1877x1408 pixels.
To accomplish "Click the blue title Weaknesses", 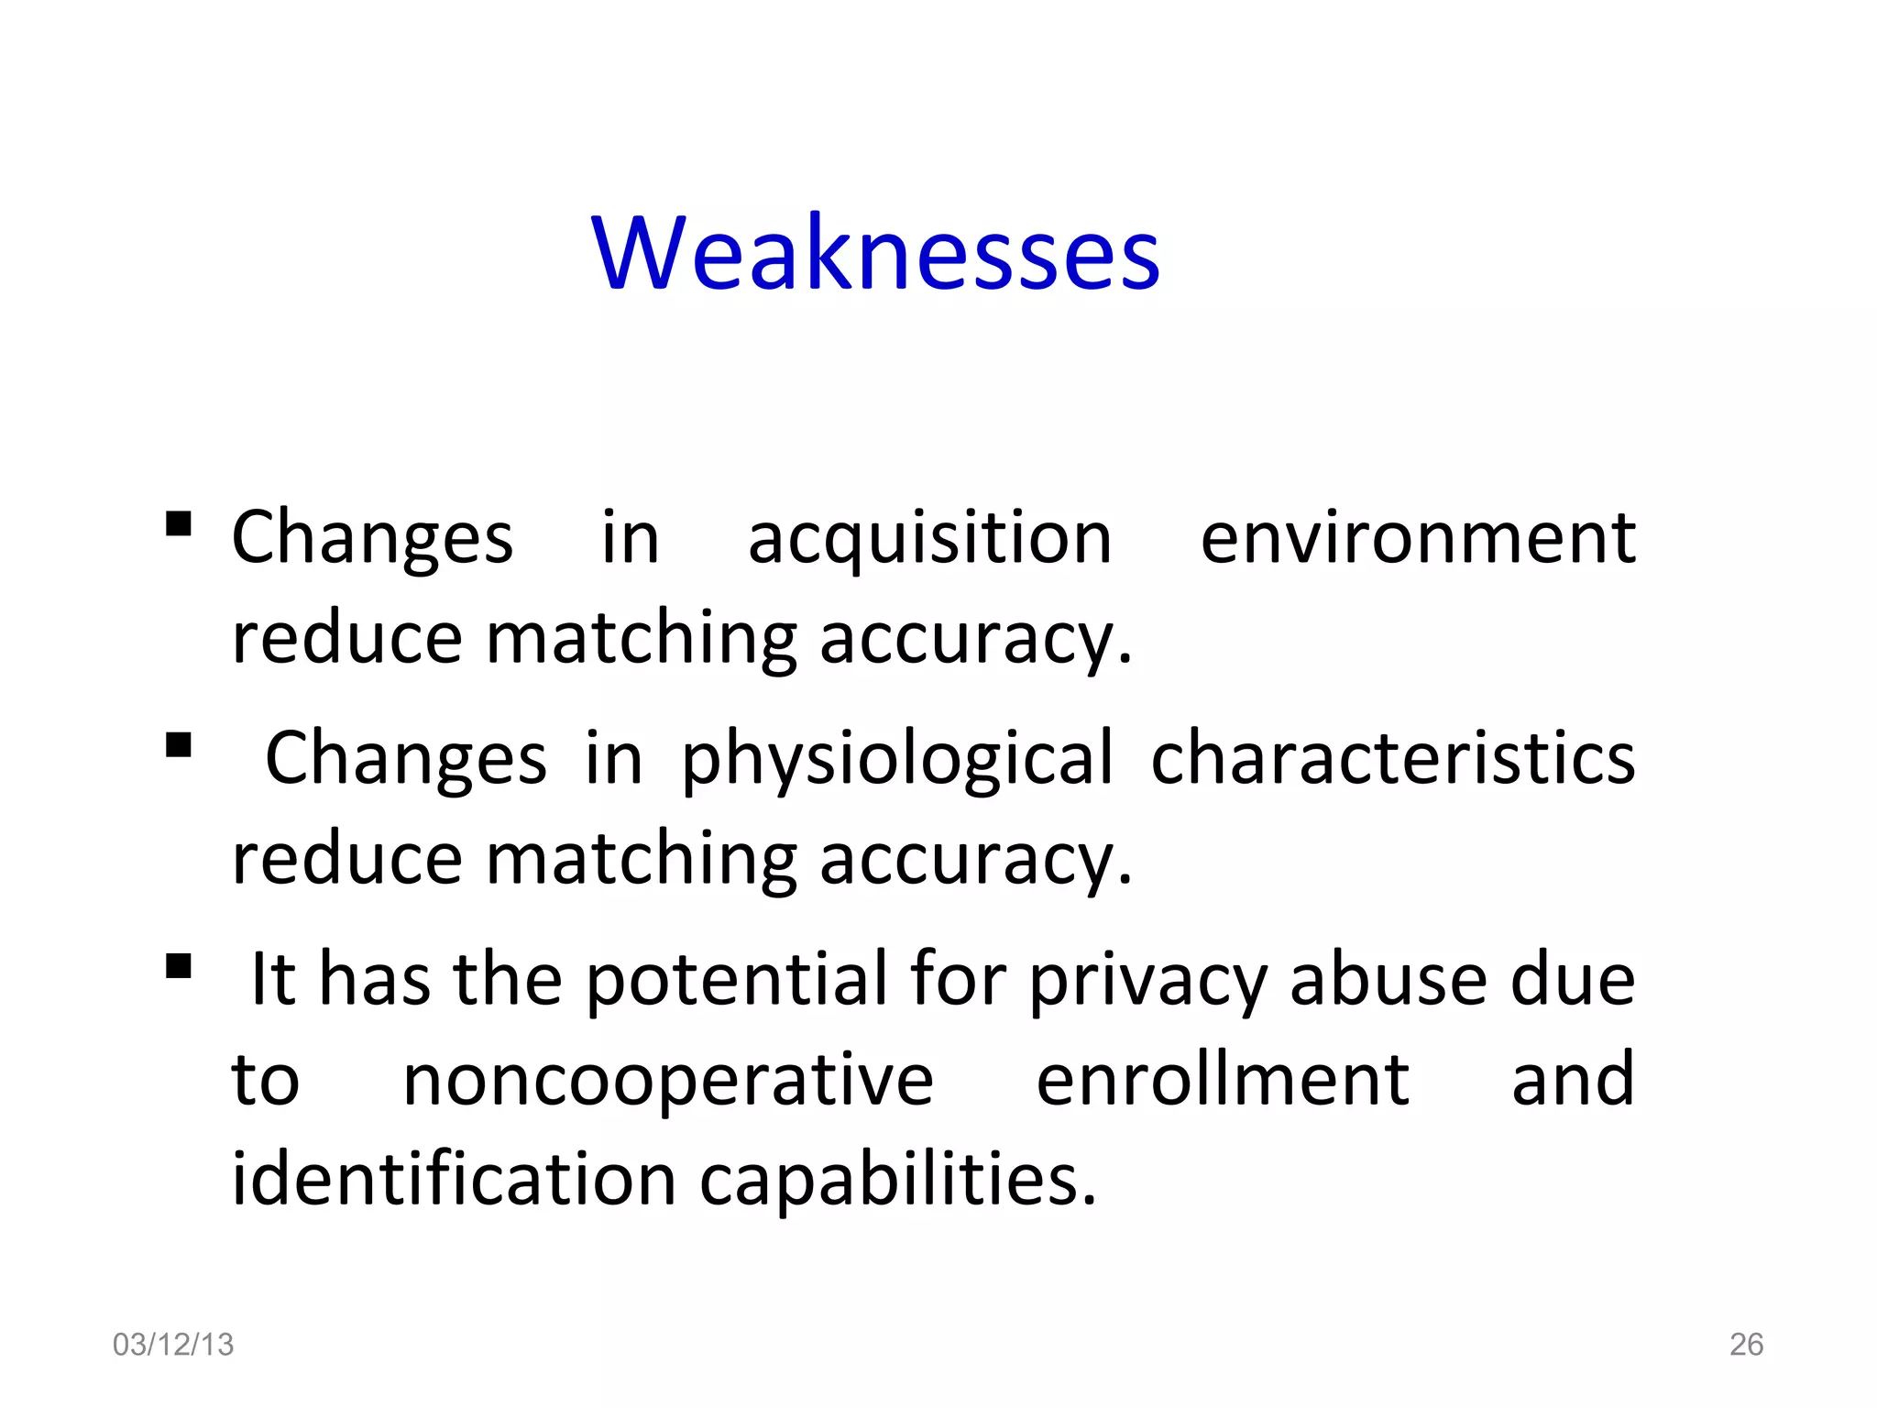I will (x=876, y=253).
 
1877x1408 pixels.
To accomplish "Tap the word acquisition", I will (x=929, y=539).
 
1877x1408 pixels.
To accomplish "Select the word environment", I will (x=1418, y=537).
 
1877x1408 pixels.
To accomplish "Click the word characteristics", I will (x=1392, y=759).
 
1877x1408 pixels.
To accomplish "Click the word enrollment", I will (x=1223, y=1080).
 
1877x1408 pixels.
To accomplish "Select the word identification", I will (x=454, y=1179).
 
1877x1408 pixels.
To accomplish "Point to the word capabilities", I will (x=897, y=1181).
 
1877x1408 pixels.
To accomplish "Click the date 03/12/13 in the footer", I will (x=173, y=1345).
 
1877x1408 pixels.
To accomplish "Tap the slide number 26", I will (x=1746, y=1345).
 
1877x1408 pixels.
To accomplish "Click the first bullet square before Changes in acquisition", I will (x=179, y=523).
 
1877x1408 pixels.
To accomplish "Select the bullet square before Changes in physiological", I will (x=179, y=745).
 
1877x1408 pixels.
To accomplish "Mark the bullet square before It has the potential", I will (x=179, y=967).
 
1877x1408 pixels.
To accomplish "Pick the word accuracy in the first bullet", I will (x=976, y=640).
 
